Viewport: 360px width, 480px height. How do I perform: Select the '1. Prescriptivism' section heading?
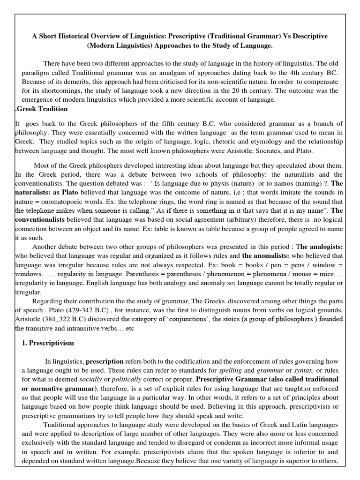click(48, 343)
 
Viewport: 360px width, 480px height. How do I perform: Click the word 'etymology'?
click(266, 142)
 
